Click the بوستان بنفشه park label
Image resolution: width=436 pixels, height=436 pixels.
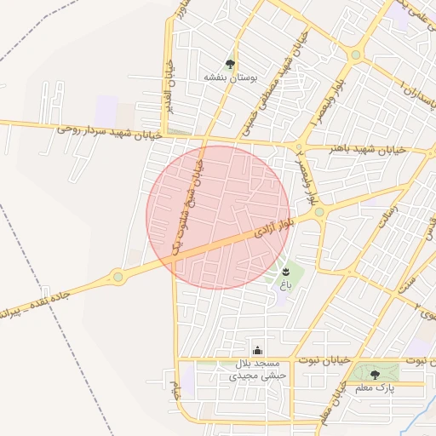(230, 77)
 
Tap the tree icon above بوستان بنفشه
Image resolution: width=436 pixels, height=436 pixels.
(230, 63)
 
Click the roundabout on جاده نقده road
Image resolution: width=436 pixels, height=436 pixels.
(118, 276)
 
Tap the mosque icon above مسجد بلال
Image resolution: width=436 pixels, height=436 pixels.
(258, 350)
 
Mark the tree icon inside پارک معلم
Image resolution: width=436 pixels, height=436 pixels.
(375, 374)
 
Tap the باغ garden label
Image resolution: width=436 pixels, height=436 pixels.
(284, 285)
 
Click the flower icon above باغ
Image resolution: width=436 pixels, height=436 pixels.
(284, 272)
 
